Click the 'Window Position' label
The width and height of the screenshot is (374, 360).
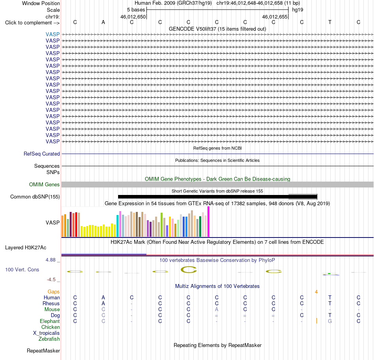pyautogui.click(x=41, y=3)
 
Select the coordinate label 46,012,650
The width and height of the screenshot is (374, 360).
pyautogui.click(x=133, y=17)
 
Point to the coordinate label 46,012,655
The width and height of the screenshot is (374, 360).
pyautogui.click(x=274, y=17)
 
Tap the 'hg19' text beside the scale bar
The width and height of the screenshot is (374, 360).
pyautogui.click(x=298, y=10)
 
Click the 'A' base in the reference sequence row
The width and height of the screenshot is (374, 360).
pyautogui.click(x=103, y=22)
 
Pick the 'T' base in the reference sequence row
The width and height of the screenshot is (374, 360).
pyautogui.click(x=330, y=22)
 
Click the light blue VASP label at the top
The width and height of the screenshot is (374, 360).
pyautogui.click(x=53, y=34)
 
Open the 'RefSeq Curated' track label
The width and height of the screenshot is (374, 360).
pyautogui.click(x=41, y=154)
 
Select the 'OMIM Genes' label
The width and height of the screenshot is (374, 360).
pyautogui.click(x=44, y=184)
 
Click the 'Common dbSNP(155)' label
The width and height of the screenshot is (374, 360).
pyautogui.click(x=35, y=197)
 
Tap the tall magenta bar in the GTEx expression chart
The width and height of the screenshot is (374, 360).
pyautogui.click(x=209, y=222)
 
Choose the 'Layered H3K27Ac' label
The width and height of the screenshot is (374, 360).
pyautogui.click(x=26, y=248)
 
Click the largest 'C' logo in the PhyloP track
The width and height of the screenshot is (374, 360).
pyautogui.click(x=189, y=270)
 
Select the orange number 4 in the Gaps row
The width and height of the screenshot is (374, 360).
pyautogui.click(x=316, y=292)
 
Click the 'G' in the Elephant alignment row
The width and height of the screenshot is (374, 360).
pyautogui.click(x=330, y=321)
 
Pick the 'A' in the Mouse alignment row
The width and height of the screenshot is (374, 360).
pyautogui.click(x=217, y=310)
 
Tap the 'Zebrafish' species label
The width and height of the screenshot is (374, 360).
pyautogui.click(x=49, y=339)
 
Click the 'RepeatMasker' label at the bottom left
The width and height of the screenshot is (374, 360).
pyautogui.click(x=43, y=351)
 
